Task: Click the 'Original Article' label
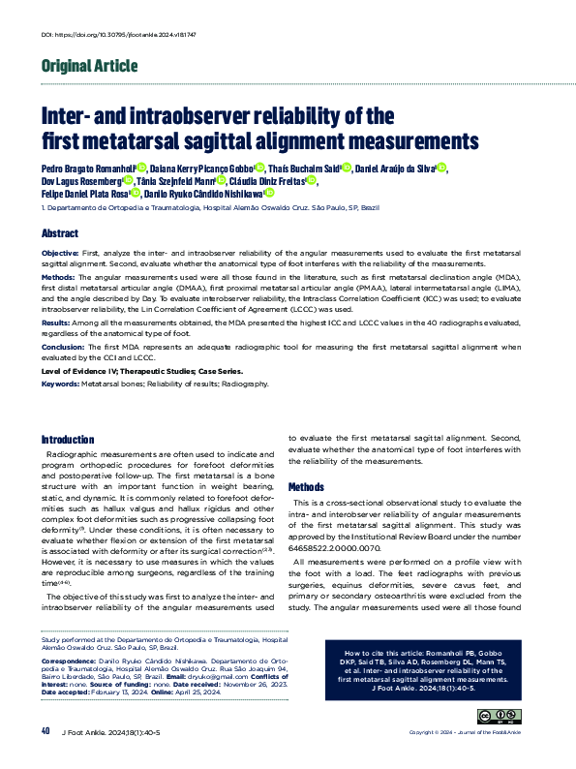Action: pos(89,66)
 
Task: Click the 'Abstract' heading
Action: pos(59,234)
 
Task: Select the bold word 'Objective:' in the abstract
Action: pos(60,252)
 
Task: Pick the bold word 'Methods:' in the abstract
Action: pos(59,276)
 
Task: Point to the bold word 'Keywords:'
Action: pos(60,384)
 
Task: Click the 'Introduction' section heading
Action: pos(68,439)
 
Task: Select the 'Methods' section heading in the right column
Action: pos(306,486)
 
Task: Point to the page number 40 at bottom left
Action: pos(45,730)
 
